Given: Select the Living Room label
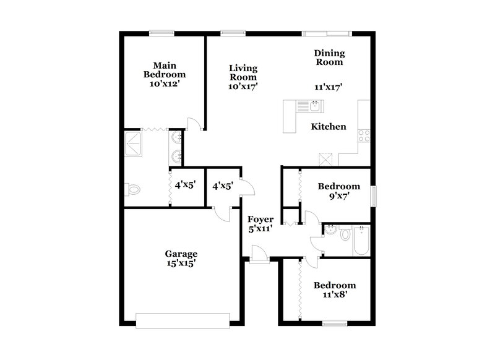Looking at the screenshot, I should [243, 72].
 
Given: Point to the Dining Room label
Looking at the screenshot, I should [329, 58].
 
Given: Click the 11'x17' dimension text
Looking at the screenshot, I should [329, 87].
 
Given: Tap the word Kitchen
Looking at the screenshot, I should [328, 127].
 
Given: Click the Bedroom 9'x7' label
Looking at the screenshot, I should [338, 186].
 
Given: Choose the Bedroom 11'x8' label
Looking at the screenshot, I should [334, 285].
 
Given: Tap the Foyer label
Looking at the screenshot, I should [260, 220].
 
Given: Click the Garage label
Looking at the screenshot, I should [181, 254].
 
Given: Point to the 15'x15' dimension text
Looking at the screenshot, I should [181, 264].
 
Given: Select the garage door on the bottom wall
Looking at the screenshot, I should [183, 320].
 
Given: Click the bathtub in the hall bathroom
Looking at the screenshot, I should [360, 242].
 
